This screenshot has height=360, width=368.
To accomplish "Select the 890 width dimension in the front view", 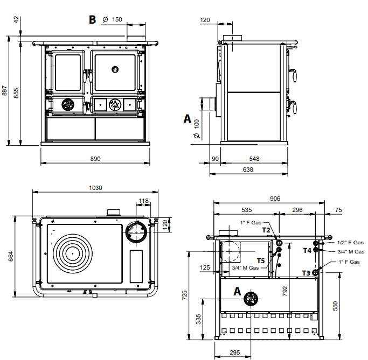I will (x=95, y=159).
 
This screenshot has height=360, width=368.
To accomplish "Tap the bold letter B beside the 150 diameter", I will (x=92, y=20).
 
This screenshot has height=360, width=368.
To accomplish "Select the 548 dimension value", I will (x=254, y=159).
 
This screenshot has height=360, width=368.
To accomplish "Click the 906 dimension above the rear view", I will (x=274, y=199).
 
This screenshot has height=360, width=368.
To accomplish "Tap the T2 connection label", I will (x=266, y=230).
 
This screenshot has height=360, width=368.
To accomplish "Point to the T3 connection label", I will (x=306, y=273).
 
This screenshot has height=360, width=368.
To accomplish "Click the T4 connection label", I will (x=307, y=250).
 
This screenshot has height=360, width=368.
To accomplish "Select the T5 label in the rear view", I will (x=261, y=260).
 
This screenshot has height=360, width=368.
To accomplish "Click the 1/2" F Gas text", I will (x=350, y=243).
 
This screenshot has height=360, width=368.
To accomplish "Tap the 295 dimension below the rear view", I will (x=234, y=352).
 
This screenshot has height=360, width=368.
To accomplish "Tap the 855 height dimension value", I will (x=17, y=93).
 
